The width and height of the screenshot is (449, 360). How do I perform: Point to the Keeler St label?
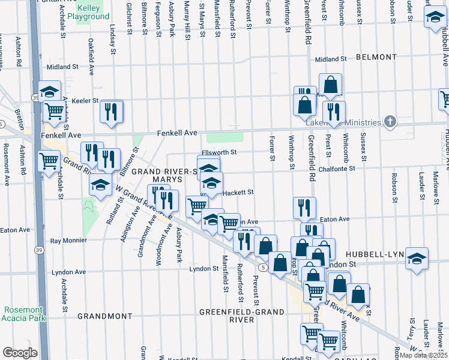[85, 101]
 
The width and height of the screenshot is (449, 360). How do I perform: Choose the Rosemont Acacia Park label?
[24, 314]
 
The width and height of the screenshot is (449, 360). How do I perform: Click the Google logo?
[20, 353]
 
